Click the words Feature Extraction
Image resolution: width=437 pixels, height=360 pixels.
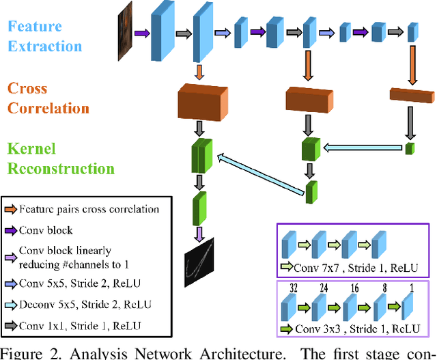pyautogui.click(x=44, y=37)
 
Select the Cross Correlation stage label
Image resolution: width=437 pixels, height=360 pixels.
pyautogui.click(x=48, y=98)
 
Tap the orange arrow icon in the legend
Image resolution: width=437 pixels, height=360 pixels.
pyautogui.click(x=10, y=210)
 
